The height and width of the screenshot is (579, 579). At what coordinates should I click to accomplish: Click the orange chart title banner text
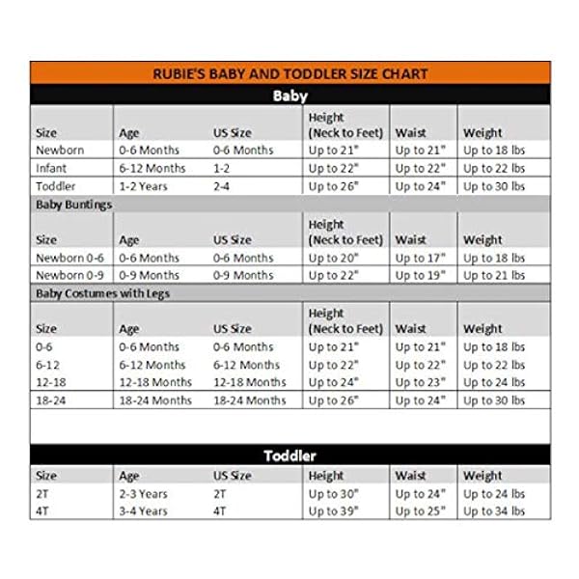coord(290,73)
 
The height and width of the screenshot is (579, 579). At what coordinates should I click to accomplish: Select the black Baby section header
coord(290,96)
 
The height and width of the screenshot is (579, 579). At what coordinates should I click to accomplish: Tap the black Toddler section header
coord(290,455)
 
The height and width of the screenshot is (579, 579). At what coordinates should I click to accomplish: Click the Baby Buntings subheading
coord(74,205)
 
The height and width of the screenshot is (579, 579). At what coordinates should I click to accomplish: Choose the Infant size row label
coord(51,167)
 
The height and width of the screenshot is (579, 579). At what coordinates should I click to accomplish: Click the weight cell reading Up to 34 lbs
coord(493,510)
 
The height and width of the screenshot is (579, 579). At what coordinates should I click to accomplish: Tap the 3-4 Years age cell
coord(143,510)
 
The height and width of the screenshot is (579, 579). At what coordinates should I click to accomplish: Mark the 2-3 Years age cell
coord(143,493)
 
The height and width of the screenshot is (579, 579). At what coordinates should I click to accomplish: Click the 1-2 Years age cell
coord(143,185)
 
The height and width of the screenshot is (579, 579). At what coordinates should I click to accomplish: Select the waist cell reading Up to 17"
coord(422,258)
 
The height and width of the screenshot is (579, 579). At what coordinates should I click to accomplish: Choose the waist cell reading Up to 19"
coord(422,275)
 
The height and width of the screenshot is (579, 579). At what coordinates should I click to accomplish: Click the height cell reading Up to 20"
coord(335,258)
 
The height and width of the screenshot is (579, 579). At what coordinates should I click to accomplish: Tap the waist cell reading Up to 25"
coord(422,510)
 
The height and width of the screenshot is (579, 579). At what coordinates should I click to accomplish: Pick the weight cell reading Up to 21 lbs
coord(493,275)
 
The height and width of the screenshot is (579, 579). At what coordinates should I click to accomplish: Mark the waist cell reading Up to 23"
coord(422,381)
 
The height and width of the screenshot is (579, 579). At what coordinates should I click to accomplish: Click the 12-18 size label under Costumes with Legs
coord(51,381)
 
